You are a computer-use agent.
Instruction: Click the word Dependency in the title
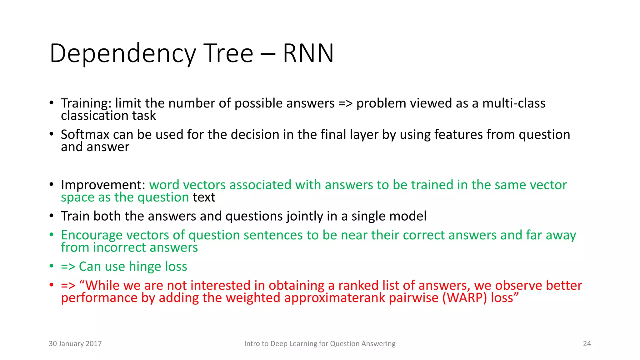point(123,54)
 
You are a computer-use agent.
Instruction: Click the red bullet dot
point(52,285)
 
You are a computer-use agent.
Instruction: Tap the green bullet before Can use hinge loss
point(52,266)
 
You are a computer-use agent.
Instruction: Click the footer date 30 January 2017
point(75,344)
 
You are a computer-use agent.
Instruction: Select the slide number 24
point(587,344)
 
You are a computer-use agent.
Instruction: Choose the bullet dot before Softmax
point(52,134)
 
